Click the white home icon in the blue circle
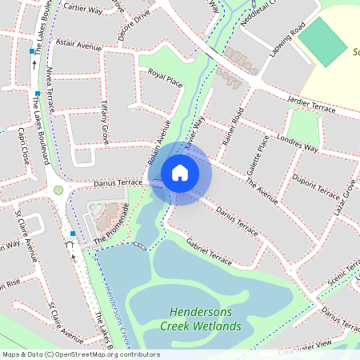tap(180, 172)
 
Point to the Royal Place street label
tap(166, 78)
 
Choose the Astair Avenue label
tap(79, 48)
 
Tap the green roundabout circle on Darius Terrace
tap(58, 190)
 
